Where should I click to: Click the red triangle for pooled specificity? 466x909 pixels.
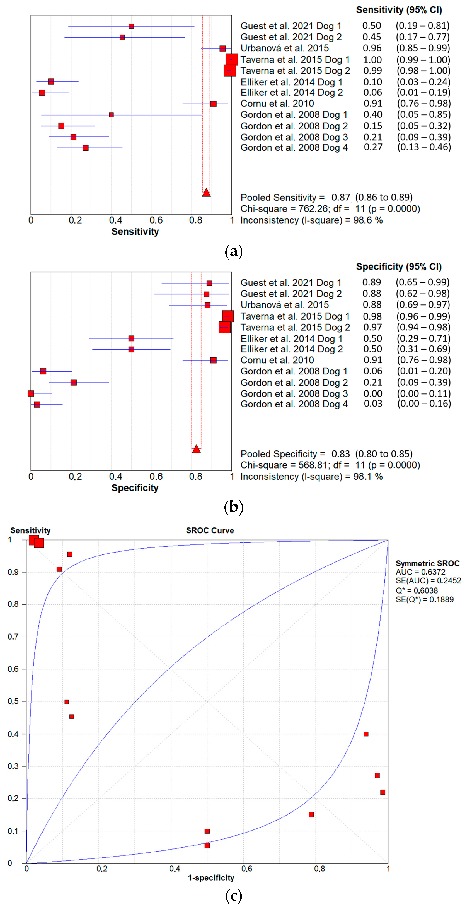pyautogui.click(x=196, y=449)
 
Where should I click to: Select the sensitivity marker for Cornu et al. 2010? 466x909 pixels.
pyautogui.click(x=213, y=104)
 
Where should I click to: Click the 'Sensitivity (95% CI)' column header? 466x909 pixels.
pyautogui.click(x=399, y=10)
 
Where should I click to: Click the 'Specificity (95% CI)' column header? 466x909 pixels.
pyautogui.click(x=399, y=267)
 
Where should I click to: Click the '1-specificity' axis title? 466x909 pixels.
pyautogui.click(x=211, y=878)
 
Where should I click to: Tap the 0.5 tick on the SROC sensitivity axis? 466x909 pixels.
pyautogui.click(x=13, y=702)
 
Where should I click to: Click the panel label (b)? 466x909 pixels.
pyautogui.click(x=233, y=507)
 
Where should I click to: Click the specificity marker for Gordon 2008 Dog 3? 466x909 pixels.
pyautogui.click(x=31, y=393)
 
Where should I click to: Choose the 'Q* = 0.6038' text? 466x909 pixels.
pyautogui.click(x=417, y=590)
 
